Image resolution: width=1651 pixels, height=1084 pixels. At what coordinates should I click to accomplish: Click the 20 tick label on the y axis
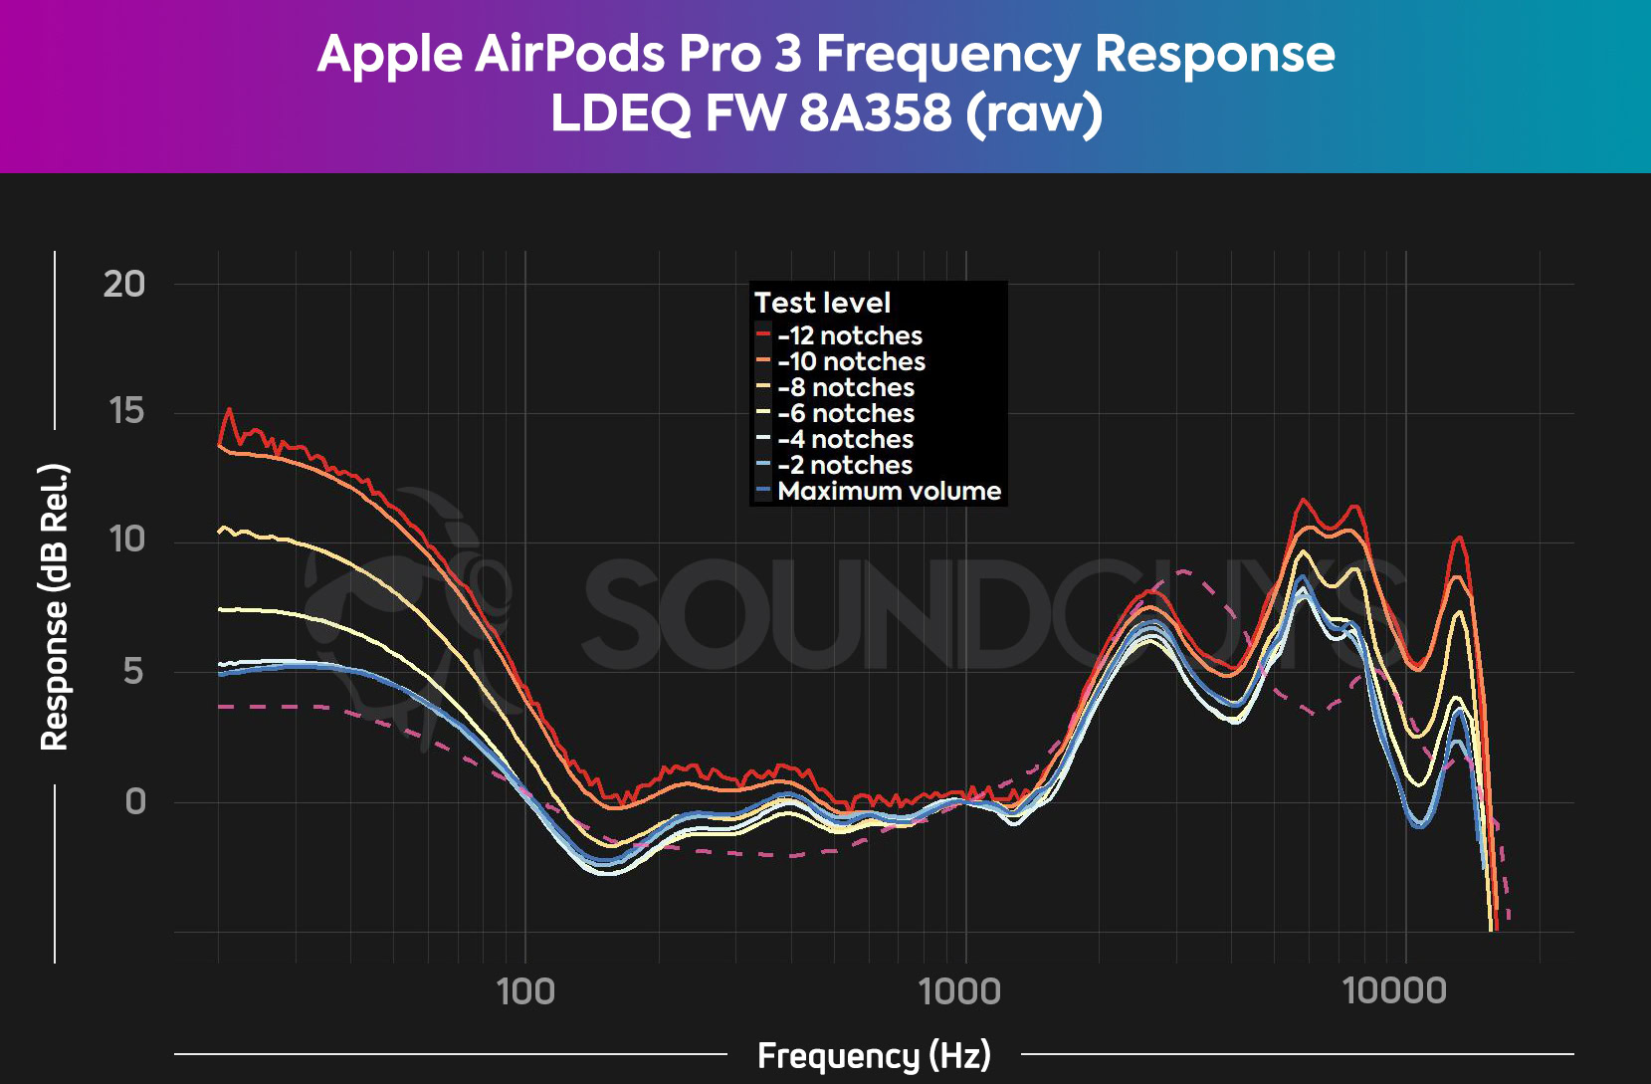point(124,285)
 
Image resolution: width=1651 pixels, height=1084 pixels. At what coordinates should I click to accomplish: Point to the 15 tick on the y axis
point(126,411)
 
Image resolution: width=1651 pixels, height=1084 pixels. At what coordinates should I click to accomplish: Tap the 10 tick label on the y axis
point(126,540)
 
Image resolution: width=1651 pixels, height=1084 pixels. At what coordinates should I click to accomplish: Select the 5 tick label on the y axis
point(133,672)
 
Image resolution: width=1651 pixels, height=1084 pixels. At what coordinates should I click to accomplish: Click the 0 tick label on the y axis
point(135,801)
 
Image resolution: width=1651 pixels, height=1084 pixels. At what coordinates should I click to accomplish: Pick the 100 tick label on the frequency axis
point(525,990)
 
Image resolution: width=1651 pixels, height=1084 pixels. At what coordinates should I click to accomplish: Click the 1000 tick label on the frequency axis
point(959,990)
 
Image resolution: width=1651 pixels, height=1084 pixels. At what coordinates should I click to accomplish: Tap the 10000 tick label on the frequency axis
point(1394,990)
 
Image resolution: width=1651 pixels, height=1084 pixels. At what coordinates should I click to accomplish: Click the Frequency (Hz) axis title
point(874,1055)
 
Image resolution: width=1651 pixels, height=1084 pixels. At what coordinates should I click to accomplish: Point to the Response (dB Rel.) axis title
point(54,606)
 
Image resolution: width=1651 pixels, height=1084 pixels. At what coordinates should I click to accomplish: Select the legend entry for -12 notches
point(849,335)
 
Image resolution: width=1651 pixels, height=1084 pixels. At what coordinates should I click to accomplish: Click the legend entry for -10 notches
point(851,361)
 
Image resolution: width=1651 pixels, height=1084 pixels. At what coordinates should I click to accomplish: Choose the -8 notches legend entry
point(845,387)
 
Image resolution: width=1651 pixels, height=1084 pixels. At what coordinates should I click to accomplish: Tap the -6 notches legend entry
point(845,413)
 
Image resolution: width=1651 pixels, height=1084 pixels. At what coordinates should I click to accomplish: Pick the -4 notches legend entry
point(845,439)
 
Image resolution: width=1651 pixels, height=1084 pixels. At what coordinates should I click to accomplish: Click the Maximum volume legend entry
point(888,491)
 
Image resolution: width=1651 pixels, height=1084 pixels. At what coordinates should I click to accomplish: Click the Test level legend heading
point(822,303)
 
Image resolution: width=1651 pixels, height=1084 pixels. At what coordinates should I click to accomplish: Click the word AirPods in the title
point(570,54)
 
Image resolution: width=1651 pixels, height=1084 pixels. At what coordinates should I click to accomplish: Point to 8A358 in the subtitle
point(875,112)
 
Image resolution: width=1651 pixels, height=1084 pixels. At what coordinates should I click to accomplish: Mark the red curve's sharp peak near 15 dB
point(230,409)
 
